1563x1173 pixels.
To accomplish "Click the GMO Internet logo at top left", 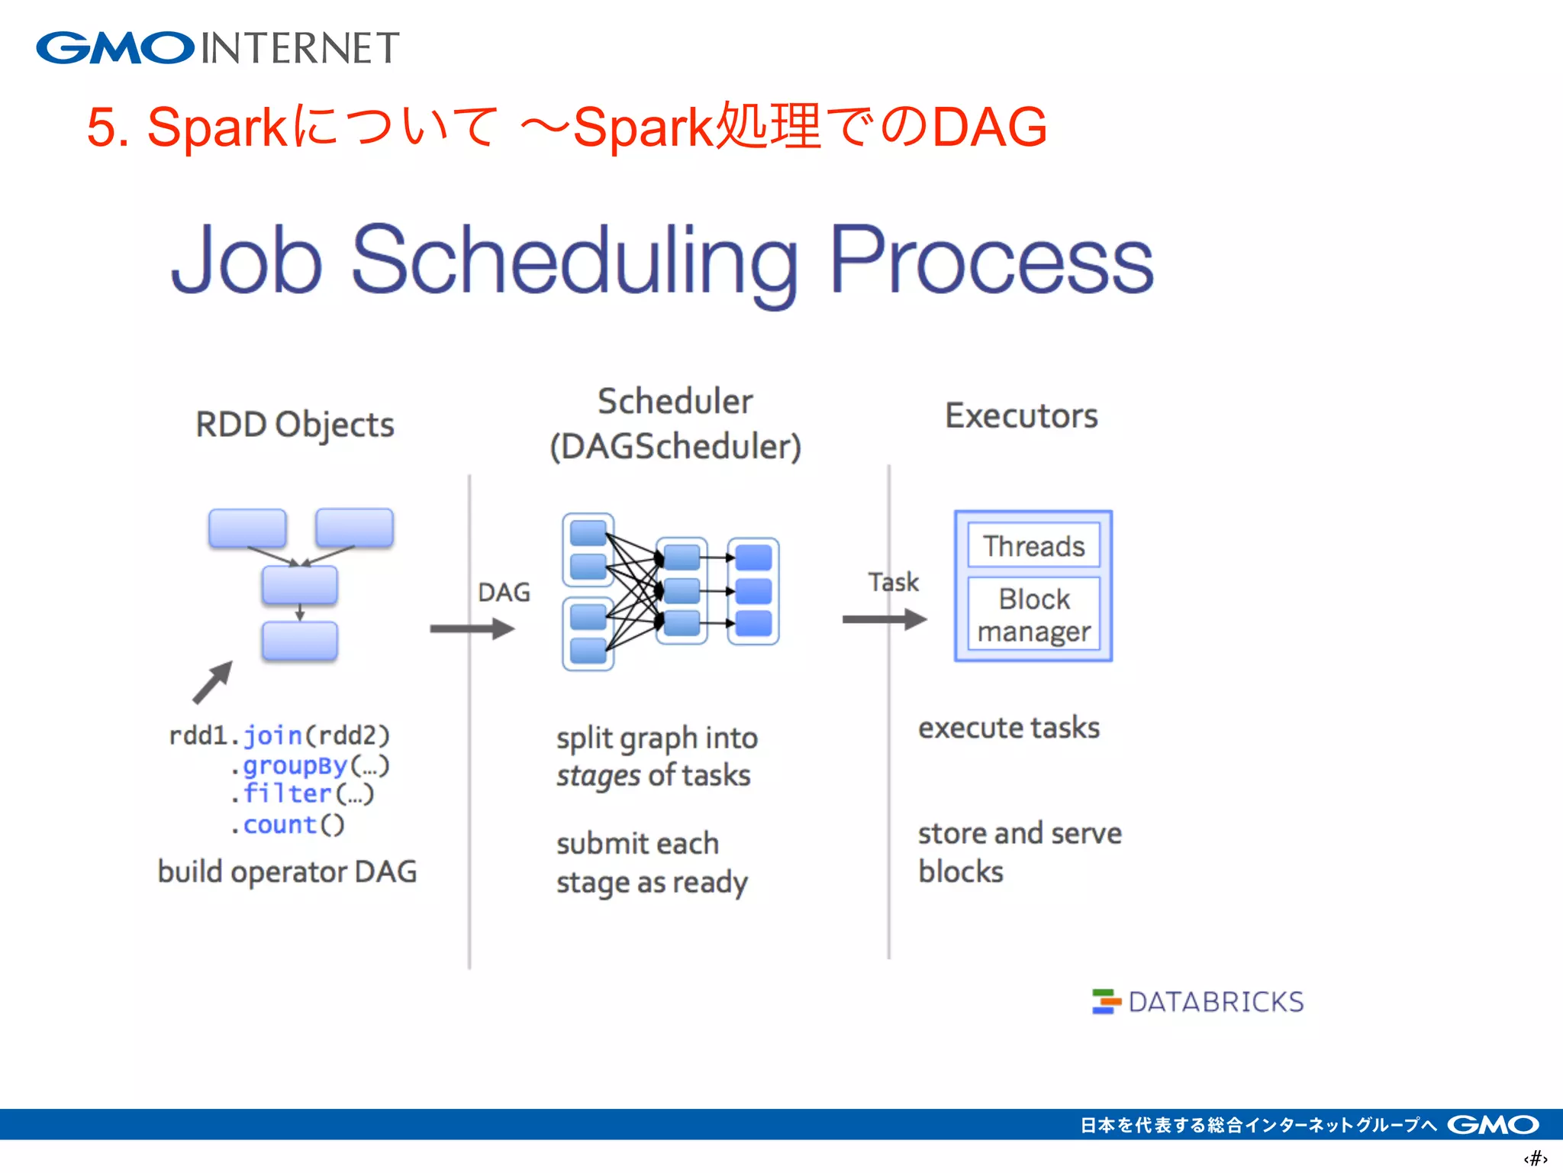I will click(218, 48).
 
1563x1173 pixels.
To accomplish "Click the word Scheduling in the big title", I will click(574, 260).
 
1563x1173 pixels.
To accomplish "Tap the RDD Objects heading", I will click(295, 425).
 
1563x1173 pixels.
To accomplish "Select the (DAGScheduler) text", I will click(675, 447).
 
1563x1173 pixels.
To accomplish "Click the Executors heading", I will click(1021, 416).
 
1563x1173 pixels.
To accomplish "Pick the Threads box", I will click(1033, 546).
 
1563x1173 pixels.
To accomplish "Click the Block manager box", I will click(1033, 615).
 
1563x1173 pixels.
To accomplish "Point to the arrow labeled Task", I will click(884, 619).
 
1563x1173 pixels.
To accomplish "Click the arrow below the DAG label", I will click(472, 629).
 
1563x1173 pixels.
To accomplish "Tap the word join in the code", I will click(272, 735).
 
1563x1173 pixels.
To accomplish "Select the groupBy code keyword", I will click(295, 765).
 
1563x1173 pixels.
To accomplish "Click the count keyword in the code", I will click(279, 825).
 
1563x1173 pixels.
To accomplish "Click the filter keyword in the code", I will click(287, 794).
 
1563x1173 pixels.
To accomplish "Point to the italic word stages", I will click(598, 776).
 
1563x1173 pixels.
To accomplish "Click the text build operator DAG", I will click(287, 871).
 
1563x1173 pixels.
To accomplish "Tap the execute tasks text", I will click(1008, 728).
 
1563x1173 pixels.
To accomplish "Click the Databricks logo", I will click(1198, 1001).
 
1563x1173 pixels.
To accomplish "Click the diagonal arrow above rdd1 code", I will click(213, 681).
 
